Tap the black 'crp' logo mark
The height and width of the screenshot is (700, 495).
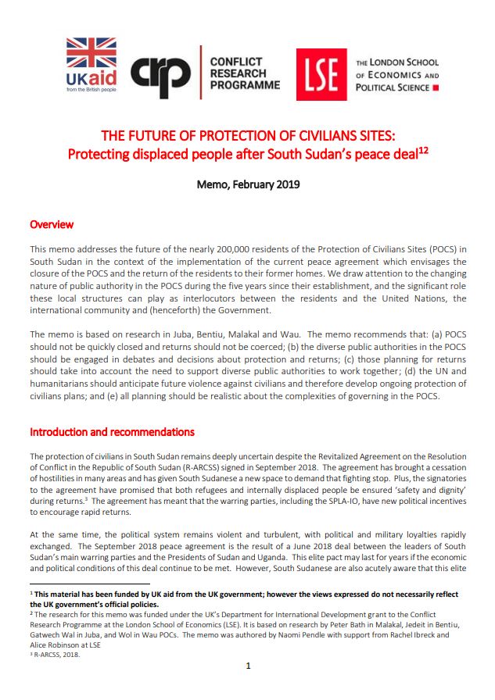click(x=161, y=73)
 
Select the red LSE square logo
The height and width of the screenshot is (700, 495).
click(x=321, y=74)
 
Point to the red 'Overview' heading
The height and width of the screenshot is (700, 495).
click(x=52, y=225)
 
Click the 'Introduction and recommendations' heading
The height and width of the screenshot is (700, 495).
click(x=112, y=432)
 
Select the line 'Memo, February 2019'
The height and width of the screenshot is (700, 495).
click(x=247, y=185)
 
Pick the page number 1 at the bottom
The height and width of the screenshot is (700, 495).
click(x=247, y=666)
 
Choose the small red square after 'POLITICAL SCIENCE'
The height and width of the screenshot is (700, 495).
click(x=436, y=87)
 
